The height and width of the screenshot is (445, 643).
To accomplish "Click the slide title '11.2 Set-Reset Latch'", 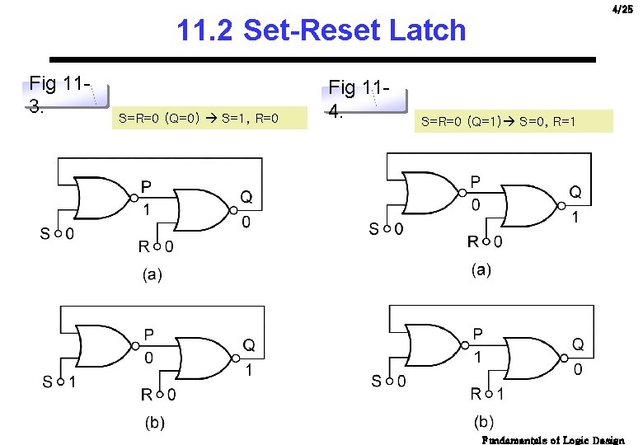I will click(321, 30).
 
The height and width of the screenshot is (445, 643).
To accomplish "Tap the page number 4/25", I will click(622, 9).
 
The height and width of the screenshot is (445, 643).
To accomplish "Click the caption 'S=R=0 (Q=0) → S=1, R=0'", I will click(199, 119).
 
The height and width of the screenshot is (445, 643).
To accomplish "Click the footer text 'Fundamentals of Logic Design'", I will click(553, 440).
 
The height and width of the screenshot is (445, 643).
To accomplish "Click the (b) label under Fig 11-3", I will click(154, 423).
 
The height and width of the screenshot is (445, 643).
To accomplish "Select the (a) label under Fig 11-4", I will click(481, 269).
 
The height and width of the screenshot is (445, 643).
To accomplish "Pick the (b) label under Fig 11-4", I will click(484, 422).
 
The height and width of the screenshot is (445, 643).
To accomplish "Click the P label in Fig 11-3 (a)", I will click(146, 186).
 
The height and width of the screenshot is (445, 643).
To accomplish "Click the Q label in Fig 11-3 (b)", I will click(248, 344).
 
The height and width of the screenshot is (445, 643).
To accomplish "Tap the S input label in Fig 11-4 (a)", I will click(376, 228).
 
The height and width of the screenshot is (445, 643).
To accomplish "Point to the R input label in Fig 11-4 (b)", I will click(476, 394).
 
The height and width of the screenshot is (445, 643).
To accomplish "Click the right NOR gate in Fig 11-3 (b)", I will click(206, 357).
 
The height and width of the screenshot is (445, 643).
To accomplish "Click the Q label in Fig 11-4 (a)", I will click(575, 192).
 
